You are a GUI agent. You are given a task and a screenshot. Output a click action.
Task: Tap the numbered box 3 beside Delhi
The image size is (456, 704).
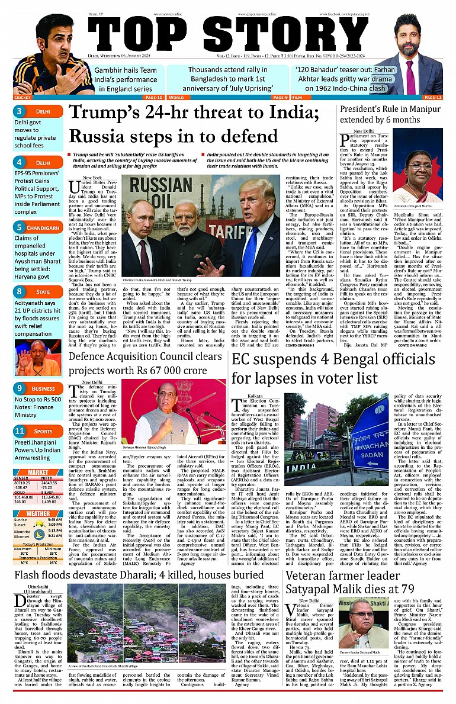coord(20,111)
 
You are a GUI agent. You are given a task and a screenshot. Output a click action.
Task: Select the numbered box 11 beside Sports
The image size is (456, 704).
coord(20,431)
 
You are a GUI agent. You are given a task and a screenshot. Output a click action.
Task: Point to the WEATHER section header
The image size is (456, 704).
coord(38,514)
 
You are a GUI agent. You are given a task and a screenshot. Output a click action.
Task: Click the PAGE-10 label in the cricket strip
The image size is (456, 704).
coord(153,97)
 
